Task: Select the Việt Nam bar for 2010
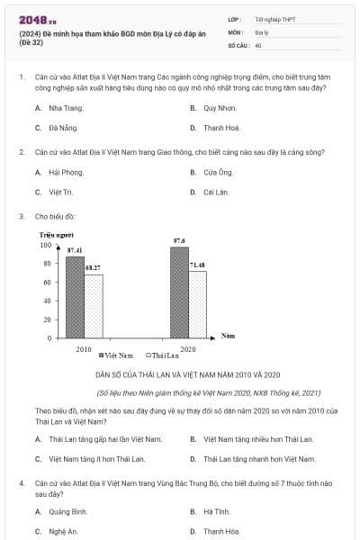click(75, 297)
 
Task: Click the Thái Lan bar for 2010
click(93, 306)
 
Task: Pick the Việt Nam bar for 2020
click(179, 292)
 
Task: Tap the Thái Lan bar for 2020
click(197, 304)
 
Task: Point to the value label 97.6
click(179, 240)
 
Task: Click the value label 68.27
click(93, 268)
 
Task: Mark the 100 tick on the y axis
click(46, 245)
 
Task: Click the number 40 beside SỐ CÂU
click(258, 44)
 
